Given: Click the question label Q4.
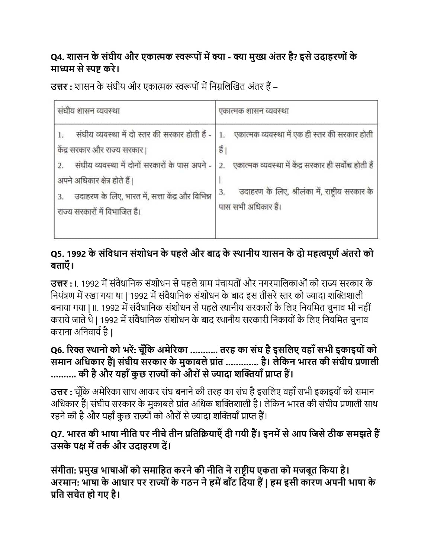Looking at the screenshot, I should pos(57,57).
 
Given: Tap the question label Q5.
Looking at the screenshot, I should pos(57,254).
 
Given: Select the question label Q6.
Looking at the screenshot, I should pos(57,350).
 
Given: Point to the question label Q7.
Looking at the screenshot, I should pos(57,434).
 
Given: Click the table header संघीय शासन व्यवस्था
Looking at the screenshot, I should pos(89,110).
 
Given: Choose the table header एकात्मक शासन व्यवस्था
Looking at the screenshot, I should pos(254,110).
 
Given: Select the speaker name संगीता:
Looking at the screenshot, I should pos(64,470).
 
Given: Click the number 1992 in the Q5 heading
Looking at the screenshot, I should pos(77,254).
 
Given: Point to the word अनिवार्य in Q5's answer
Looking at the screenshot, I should pos(91,331).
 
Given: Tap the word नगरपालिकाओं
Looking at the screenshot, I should pos(276,283).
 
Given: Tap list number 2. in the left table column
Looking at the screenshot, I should pos(61,166).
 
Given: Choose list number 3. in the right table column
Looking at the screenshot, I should pos(222,192).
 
